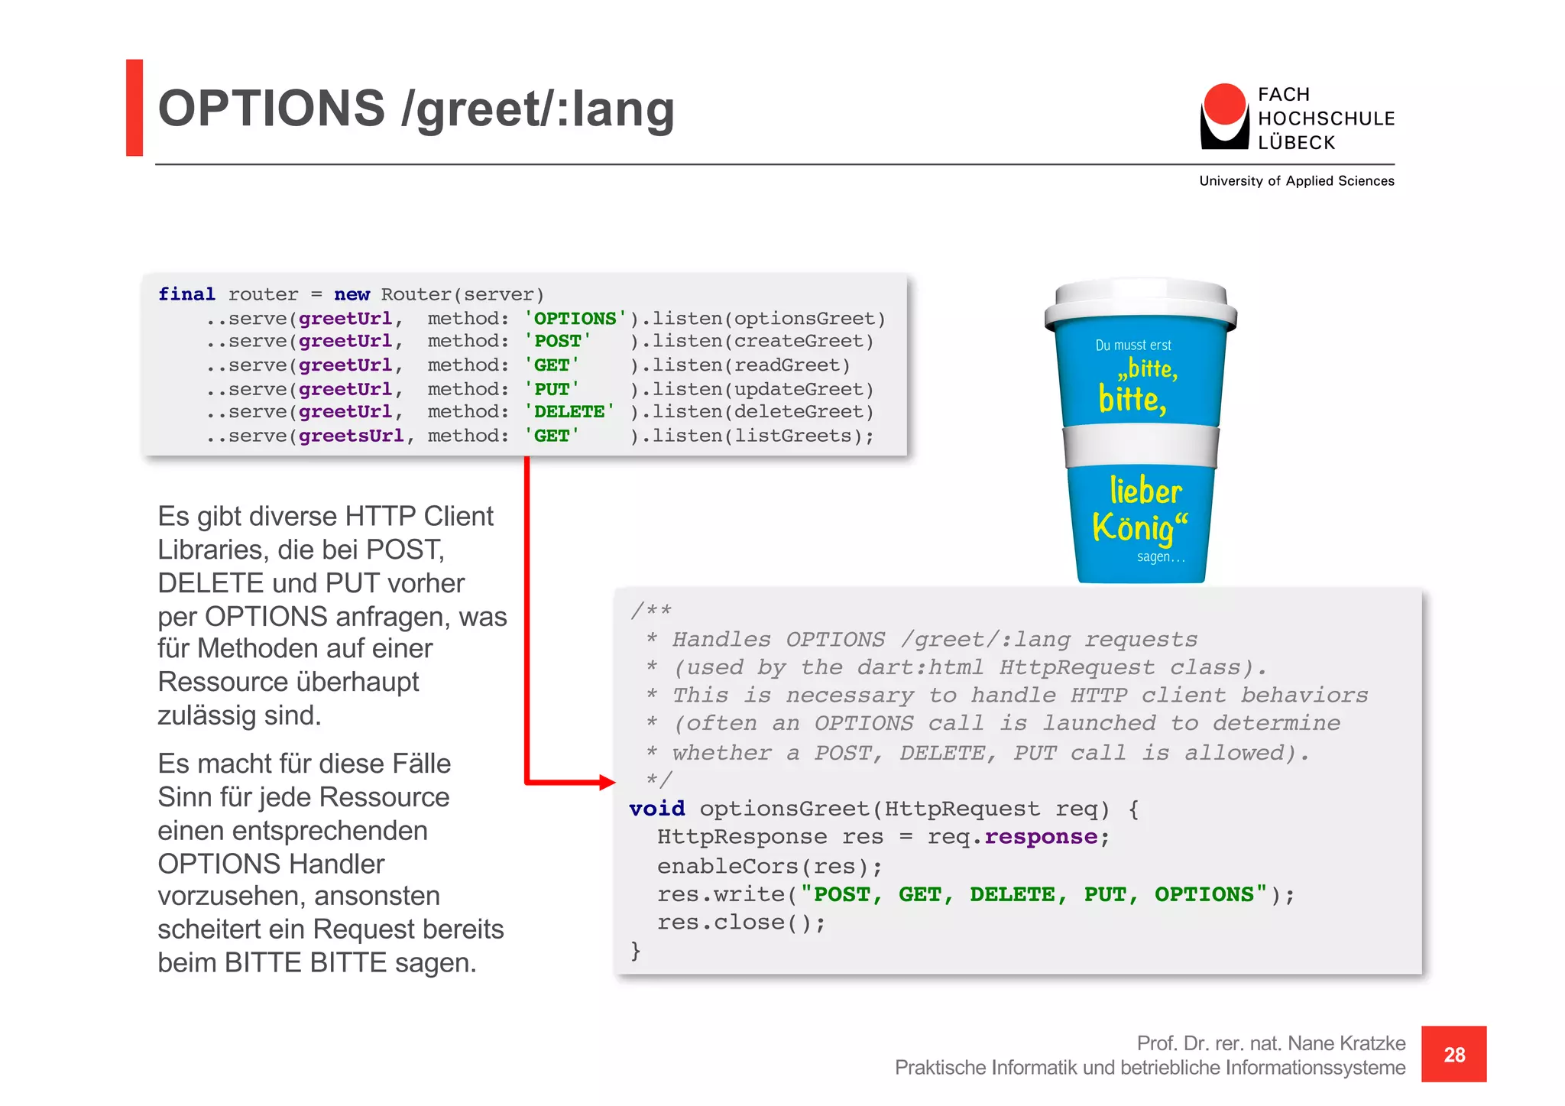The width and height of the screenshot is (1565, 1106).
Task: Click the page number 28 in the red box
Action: pos(1453,1055)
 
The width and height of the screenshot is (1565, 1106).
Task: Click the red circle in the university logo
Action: pos(1224,105)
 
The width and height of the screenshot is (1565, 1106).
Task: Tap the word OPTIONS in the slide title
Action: pos(271,109)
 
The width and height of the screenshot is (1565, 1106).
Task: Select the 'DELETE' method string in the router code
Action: pos(569,412)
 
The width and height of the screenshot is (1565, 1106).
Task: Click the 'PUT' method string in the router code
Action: pos(552,389)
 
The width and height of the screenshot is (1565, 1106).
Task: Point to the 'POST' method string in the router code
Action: pos(557,341)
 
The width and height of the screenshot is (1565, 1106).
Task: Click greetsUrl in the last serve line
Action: pos(351,436)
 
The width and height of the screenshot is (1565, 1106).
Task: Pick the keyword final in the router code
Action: pos(186,294)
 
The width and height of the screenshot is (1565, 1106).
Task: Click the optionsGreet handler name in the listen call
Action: pos(804,318)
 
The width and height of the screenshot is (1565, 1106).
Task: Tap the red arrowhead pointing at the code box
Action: pos(608,782)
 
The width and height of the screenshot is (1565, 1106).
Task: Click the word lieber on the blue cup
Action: pos(1145,491)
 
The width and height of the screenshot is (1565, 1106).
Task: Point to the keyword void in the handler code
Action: pos(656,809)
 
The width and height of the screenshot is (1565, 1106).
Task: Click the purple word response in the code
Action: pos(1041,837)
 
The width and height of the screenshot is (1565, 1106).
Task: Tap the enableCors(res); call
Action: pos(770,866)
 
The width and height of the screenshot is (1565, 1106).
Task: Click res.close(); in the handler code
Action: pos(741,923)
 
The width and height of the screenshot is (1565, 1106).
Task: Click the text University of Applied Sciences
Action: pos(1296,181)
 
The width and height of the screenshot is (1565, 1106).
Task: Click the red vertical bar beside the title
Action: pos(134,108)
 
